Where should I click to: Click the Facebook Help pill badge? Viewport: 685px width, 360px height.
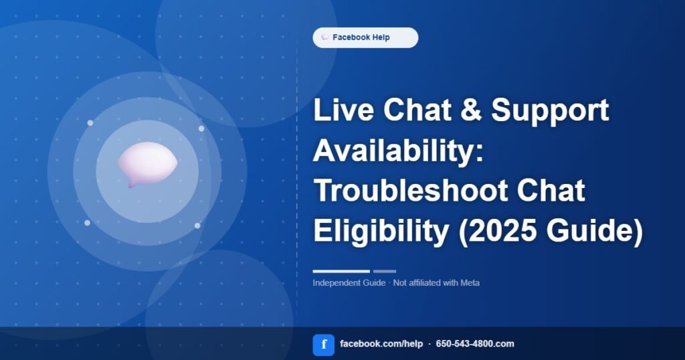[x=365, y=37]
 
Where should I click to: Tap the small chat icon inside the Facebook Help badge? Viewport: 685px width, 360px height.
[x=324, y=37]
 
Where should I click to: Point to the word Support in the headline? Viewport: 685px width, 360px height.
[x=550, y=111]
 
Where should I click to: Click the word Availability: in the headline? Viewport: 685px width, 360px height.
[x=399, y=151]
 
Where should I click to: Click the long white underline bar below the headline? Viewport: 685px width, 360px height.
[x=341, y=271]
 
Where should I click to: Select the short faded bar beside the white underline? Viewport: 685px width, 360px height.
[x=385, y=271]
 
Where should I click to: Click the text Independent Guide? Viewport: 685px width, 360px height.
[x=349, y=283]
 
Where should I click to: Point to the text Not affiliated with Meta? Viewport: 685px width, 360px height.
[x=436, y=283]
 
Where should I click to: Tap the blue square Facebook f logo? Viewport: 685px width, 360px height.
[x=324, y=345]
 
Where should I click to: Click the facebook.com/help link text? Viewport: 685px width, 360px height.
[x=381, y=344]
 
